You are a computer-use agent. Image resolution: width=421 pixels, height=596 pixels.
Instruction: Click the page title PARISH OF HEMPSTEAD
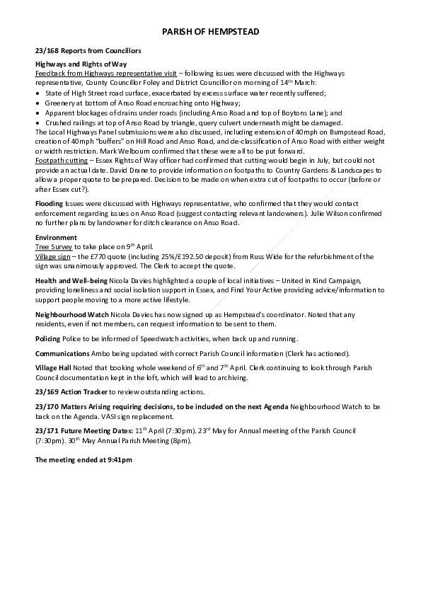pos(210,33)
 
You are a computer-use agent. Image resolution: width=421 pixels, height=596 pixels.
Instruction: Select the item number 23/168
pos(47,52)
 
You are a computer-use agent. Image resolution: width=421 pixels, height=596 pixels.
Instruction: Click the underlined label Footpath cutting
pos(59,161)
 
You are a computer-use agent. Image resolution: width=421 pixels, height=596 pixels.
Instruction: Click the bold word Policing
pos(48,339)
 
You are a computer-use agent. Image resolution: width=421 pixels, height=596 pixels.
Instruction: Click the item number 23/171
pos(47,430)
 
